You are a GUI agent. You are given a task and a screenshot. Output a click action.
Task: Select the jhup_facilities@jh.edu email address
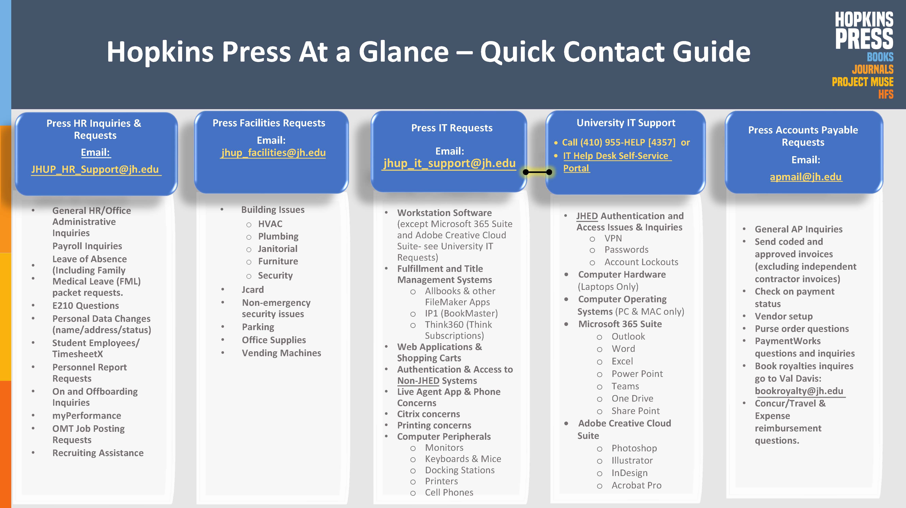273,153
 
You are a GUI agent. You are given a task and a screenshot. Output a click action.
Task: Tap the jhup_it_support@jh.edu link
450,163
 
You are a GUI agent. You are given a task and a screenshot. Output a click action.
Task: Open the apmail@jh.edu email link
806,177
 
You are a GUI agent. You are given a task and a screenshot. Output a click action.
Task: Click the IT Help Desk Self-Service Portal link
615,162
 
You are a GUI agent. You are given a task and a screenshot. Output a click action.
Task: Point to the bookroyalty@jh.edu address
799,391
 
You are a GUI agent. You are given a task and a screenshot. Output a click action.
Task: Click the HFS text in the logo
886,94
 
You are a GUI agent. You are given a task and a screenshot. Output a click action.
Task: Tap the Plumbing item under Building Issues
278,236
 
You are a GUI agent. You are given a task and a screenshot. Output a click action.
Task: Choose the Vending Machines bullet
281,353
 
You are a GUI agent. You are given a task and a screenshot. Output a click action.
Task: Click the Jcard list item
253,290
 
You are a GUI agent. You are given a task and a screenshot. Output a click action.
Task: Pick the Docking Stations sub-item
460,470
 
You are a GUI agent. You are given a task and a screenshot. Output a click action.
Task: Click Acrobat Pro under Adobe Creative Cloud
636,485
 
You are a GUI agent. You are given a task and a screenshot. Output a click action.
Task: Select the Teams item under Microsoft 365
625,386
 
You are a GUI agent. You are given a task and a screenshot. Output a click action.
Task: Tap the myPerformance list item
87,416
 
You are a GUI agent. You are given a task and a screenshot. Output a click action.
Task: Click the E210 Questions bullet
86,305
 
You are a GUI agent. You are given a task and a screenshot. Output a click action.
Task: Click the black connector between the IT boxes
537,172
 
